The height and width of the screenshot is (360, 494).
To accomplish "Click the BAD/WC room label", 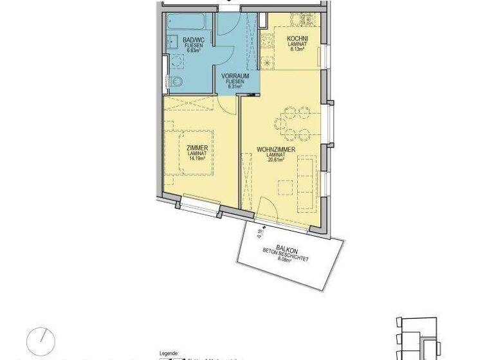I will (193, 40).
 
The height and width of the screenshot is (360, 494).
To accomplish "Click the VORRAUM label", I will (235, 76).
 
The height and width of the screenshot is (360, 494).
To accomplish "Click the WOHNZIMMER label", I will (275, 150).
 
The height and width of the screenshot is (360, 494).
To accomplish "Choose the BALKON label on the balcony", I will (287, 249).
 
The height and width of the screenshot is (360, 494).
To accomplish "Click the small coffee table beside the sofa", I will (285, 187).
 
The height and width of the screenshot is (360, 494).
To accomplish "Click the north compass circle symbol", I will (41, 340).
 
